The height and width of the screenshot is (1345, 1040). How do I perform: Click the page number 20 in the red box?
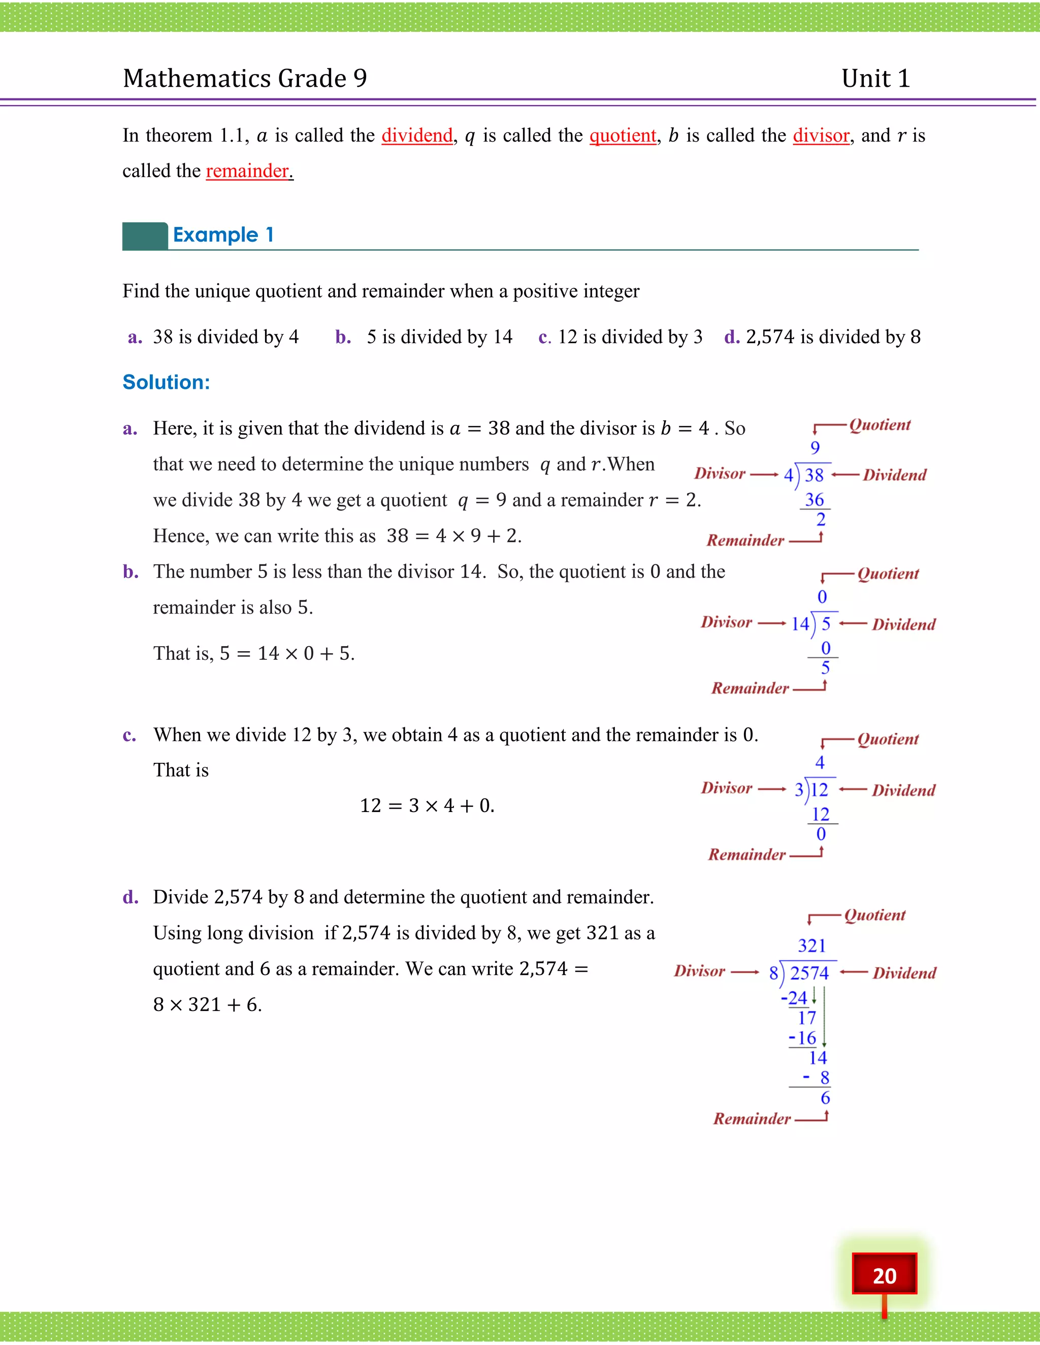(884, 1275)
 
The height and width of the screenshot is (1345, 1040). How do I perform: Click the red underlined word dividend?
(417, 136)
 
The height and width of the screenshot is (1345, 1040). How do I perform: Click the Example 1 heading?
(223, 234)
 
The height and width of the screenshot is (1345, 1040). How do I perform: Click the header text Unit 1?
(875, 79)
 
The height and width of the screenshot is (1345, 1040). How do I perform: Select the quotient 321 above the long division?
(811, 946)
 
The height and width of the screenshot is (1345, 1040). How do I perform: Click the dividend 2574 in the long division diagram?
(809, 973)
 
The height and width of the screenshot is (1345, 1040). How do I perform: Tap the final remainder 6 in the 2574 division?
(825, 1097)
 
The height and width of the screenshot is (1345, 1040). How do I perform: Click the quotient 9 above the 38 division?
(815, 448)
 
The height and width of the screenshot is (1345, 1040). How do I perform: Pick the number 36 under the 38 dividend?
(814, 499)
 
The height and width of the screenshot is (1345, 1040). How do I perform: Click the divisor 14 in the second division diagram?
(800, 624)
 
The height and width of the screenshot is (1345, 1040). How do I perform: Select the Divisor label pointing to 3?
(726, 788)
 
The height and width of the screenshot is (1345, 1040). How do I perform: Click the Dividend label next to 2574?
(904, 973)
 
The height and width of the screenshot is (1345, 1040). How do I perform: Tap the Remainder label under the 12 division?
(746, 854)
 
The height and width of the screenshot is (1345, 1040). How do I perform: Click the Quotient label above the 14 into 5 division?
(888, 574)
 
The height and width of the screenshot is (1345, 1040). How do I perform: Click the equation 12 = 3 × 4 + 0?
(427, 805)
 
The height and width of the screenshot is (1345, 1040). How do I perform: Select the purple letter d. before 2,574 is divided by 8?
(731, 337)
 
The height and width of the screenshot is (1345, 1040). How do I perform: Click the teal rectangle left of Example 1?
(145, 236)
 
